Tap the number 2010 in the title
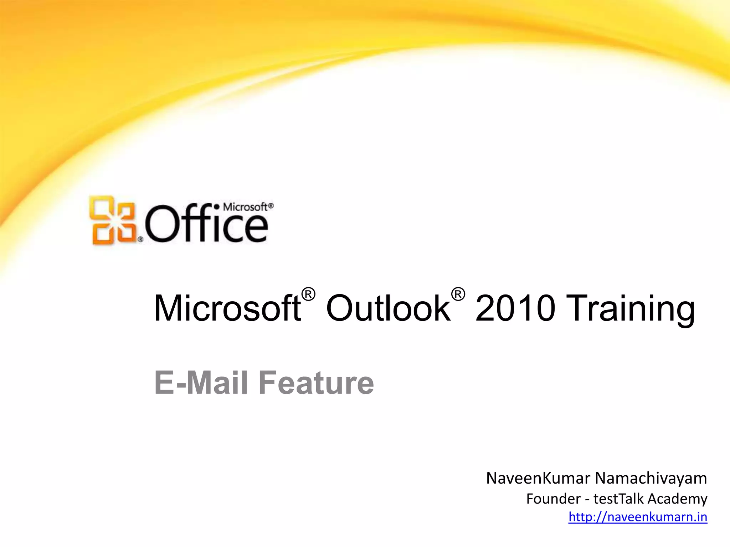[x=515, y=308]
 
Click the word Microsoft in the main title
[x=227, y=308]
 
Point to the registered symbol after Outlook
[x=458, y=295]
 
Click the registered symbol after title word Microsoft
[x=308, y=295]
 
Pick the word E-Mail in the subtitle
[x=201, y=383]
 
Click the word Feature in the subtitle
[x=316, y=383]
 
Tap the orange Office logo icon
[x=113, y=220]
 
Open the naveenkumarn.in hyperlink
[x=637, y=517]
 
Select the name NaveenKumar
[x=538, y=478]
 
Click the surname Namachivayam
[x=651, y=478]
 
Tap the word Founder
[x=553, y=499]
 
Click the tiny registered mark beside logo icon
[x=140, y=240]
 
